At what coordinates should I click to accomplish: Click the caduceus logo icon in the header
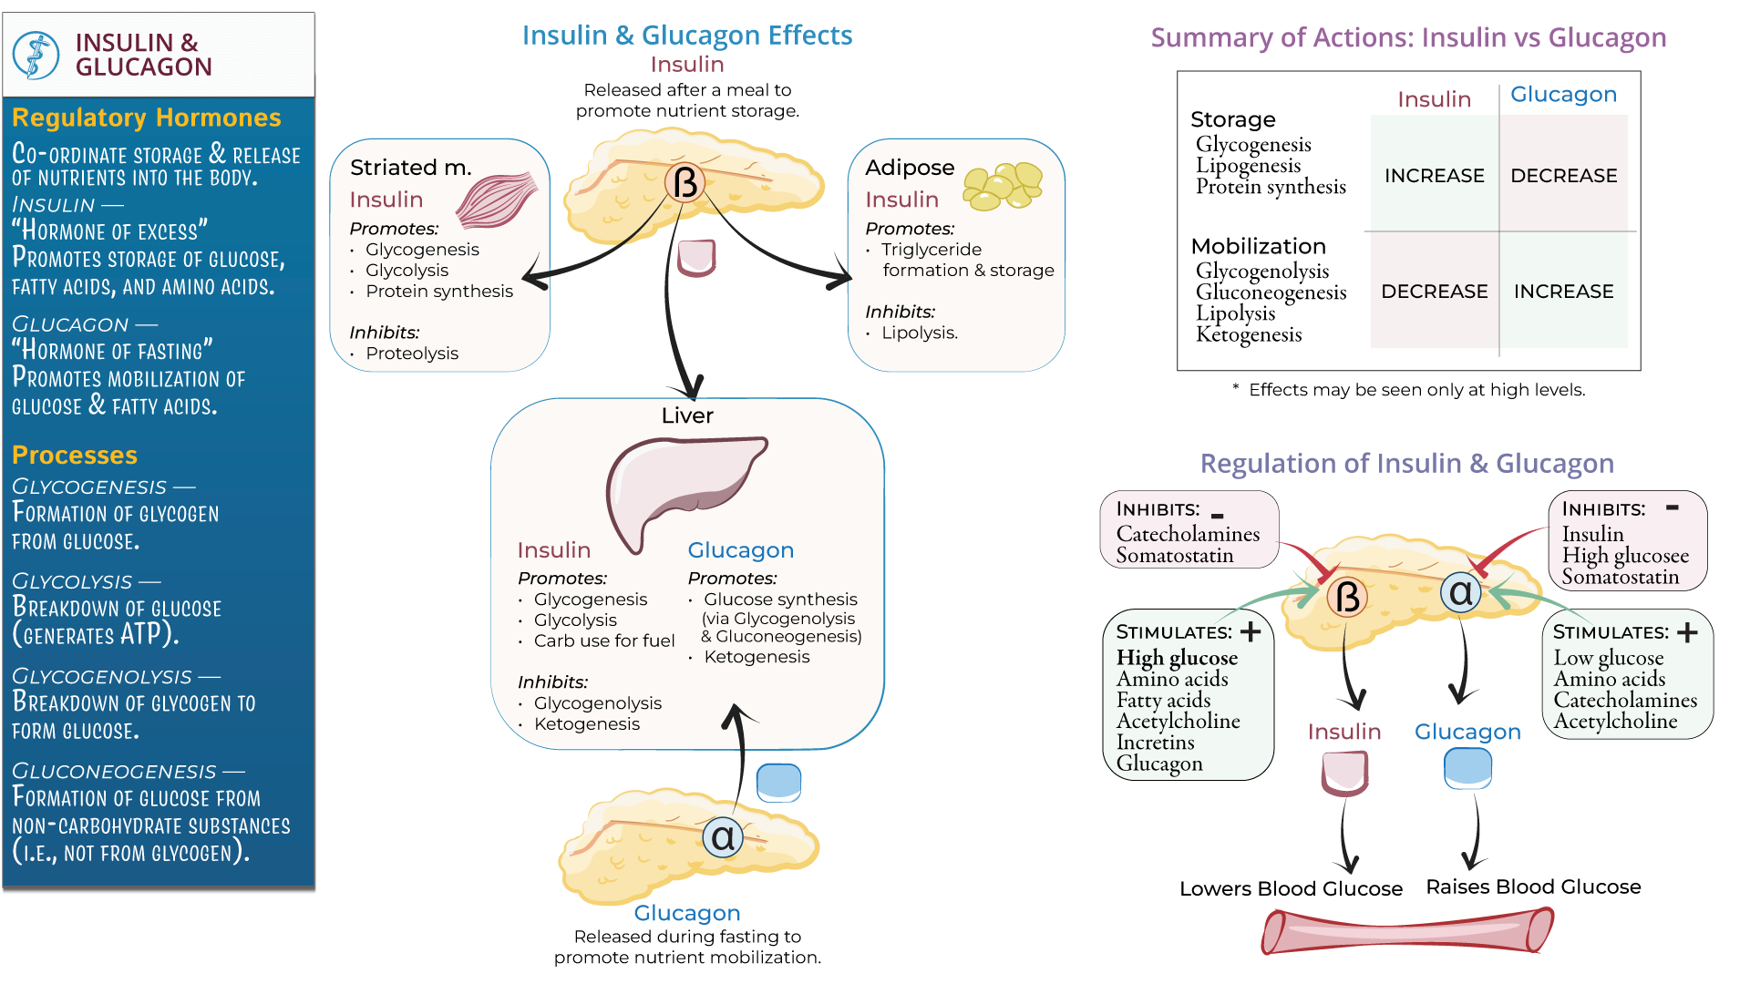pyautogui.click(x=36, y=55)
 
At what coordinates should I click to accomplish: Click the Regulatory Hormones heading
pyautogui.click(x=146, y=118)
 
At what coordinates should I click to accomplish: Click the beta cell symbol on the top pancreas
pyautogui.click(x=685, y=183)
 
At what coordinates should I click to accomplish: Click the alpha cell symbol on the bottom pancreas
pyautogui.click(x=722, y=837)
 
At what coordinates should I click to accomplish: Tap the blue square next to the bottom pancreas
pyautogui.click(x=778, y=782)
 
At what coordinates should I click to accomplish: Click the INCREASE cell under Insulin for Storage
pyautogui.click(x=1434, y=175)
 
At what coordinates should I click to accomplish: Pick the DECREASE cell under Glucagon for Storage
pyautogui.click(x=1563, y=175)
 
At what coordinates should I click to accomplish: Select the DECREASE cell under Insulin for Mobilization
pyautogui.click(x=1434, y=291)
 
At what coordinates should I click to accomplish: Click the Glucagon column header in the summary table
pyautogui.click(x=1563, y=94)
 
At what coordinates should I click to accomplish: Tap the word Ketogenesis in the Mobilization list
pyautogui.click(x=1248, y=334)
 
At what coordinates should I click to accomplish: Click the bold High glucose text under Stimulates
pyautogui.click(x=1177, y=658)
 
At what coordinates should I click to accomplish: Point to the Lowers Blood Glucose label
pyautogui.click(x=1290, y=888)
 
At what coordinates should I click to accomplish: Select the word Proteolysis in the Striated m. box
pyautogui.click(x=412, y=354)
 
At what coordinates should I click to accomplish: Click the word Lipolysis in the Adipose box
pyautogui.click(x=919, y=333)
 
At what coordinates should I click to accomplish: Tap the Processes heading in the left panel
pyautogui.click(x=75, y=455)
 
